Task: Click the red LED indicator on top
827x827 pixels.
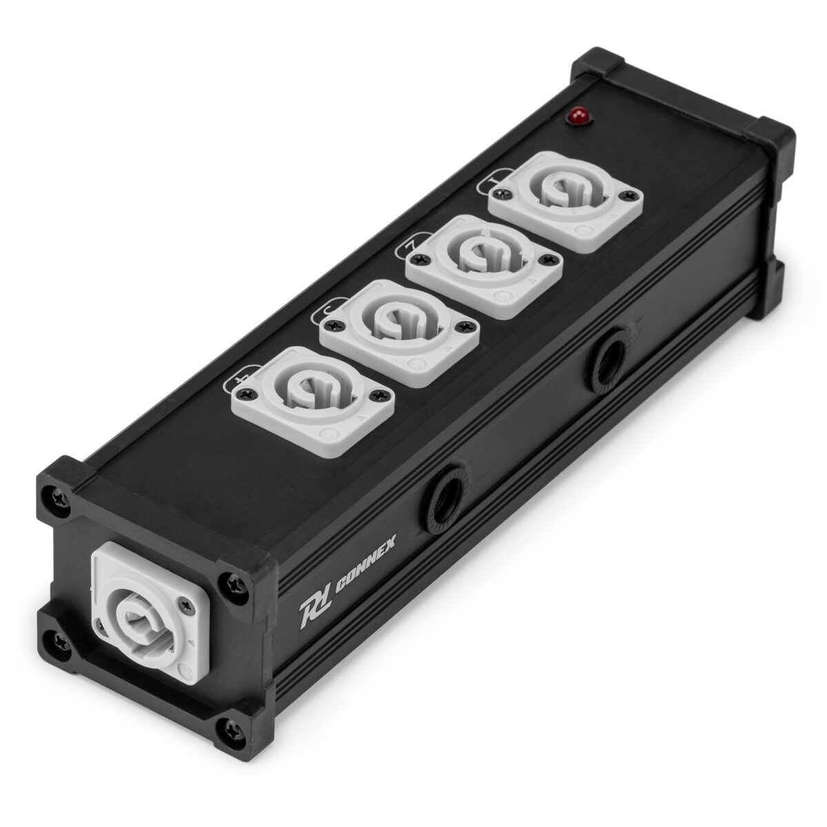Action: [573, 117]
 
